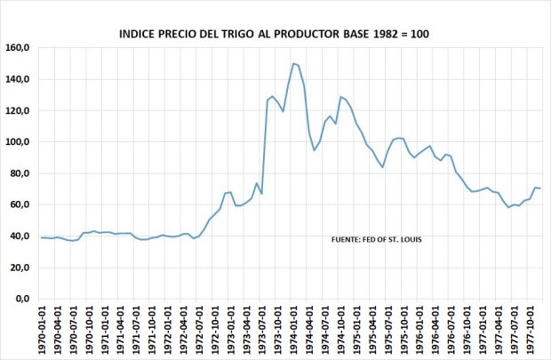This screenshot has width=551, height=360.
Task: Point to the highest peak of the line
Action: (x=293, y=63)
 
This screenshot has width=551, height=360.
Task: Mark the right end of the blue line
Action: (x=540, y=188)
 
